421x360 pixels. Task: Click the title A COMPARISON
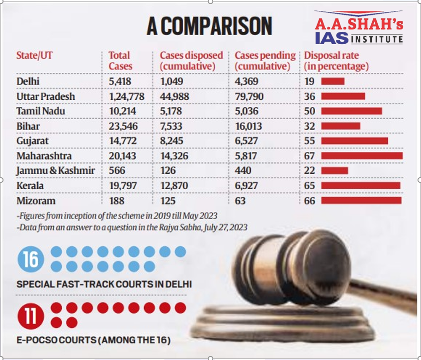209,26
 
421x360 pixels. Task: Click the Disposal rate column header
336,61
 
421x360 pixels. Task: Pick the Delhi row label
28,81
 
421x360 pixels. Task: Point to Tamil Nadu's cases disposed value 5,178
173,111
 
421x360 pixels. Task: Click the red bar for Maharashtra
362,156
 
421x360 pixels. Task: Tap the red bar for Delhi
333,81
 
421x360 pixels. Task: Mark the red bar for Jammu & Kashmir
335,171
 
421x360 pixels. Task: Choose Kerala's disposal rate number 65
310,186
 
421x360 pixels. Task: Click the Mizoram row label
36,201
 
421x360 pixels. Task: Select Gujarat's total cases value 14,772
123,141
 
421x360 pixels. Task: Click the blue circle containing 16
31,260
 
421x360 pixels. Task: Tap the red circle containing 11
31,316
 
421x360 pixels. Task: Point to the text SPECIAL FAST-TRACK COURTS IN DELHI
104,285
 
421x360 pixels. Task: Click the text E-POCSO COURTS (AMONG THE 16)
94,341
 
